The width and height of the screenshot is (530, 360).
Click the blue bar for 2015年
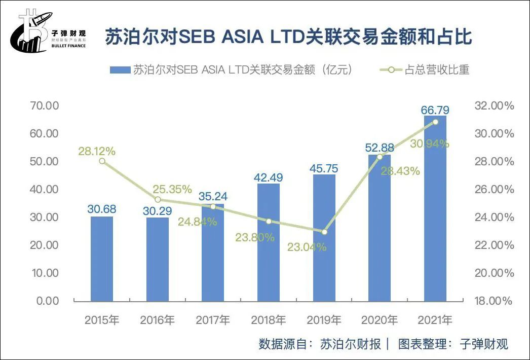(x=102, y=259)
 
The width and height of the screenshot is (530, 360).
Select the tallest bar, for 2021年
(x=435, y=208)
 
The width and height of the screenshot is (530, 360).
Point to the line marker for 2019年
(x=324, y=232)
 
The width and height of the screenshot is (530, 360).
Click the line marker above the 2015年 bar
(x=102, y=161)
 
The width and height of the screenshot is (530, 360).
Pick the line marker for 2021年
(x=435, y=122)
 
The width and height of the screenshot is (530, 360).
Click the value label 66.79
(x=435, y=110)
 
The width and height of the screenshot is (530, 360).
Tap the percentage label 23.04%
(x=307, y=247)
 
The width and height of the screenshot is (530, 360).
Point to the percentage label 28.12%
(x=97, y=151)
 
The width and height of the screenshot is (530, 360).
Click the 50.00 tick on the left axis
(x=44, y=161)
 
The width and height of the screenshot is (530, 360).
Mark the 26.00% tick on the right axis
(x=494, y=189)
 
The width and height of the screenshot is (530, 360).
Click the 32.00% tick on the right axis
(x=494, y=106)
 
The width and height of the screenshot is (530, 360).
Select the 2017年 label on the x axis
(x=213, y=320)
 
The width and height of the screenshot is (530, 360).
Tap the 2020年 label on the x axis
(x=379, y=320)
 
